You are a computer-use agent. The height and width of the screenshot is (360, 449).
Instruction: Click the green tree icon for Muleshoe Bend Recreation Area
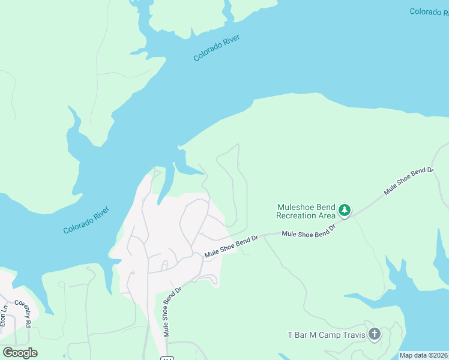point(344,210)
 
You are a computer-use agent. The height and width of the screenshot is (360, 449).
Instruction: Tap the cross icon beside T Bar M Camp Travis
point(375,334)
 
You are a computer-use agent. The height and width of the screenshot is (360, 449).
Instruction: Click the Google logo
point(20,353)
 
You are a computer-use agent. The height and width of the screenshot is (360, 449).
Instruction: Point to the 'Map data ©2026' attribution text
point(423,355)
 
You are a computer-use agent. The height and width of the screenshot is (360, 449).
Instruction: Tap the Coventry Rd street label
point(22,312)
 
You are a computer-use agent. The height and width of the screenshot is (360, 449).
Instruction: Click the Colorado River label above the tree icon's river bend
point(217,48)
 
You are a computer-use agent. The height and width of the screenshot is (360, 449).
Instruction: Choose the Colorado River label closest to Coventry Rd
point(86,220)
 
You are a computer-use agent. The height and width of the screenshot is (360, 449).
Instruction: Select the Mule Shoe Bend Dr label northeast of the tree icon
point(409,181)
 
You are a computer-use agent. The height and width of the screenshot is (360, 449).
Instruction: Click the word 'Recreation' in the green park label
point(296,215)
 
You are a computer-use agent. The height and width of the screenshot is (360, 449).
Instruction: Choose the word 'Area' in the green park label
point(326,215)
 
